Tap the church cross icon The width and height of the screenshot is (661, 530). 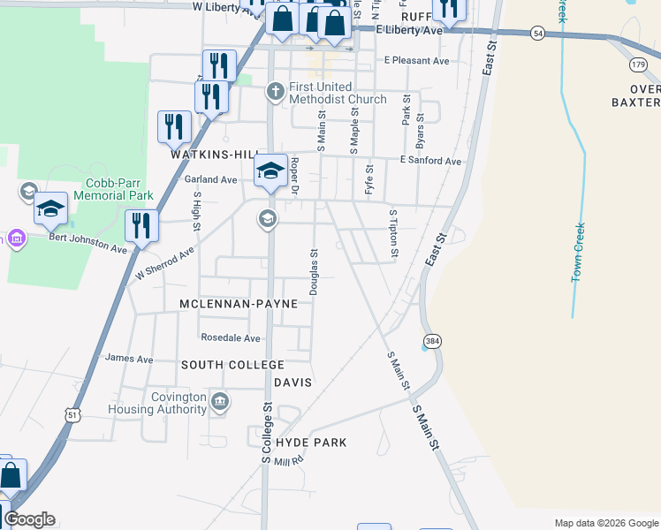(x=275, y=91)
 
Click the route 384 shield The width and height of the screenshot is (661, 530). (x=431, y=341)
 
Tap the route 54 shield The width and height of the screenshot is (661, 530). (x=537, y=33)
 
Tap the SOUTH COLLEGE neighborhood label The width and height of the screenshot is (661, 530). (x=232, y=365)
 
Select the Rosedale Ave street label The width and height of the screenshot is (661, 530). (x=231, y=337)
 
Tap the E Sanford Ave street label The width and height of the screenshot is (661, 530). (x=430, y=161)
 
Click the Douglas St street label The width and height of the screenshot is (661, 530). (x=314, y=271)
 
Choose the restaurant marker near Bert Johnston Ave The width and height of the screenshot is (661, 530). (x=141, y=225)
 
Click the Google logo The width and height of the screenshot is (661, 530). (x=29, y=519)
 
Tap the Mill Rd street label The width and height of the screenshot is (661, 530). (x=288, y=461)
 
